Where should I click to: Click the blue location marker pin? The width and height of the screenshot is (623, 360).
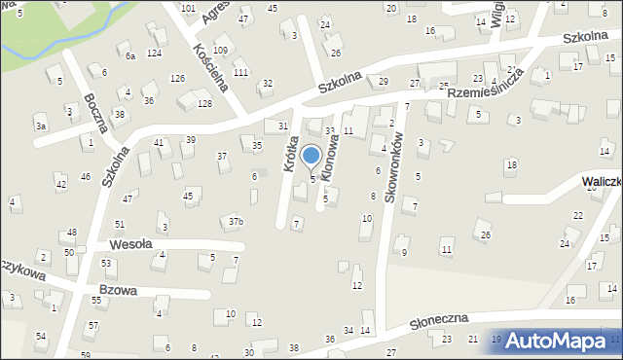(x=311, y=156)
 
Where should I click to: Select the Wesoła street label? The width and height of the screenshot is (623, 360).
(x=130, y=244)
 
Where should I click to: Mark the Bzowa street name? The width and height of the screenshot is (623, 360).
(x=117, y=290)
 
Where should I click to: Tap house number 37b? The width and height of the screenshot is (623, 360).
(x=236, y=222)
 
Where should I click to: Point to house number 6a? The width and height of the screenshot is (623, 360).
(x=129, y=56)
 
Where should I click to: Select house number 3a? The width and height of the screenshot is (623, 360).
(x=40, y=126)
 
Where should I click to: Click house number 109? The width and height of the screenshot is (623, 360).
(x=220, y=50)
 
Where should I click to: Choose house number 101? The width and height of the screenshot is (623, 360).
(x=188, y=8)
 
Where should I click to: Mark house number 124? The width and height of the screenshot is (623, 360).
(x=154, y=53)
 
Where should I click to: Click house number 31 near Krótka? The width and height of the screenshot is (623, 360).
(x=282, y=126)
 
